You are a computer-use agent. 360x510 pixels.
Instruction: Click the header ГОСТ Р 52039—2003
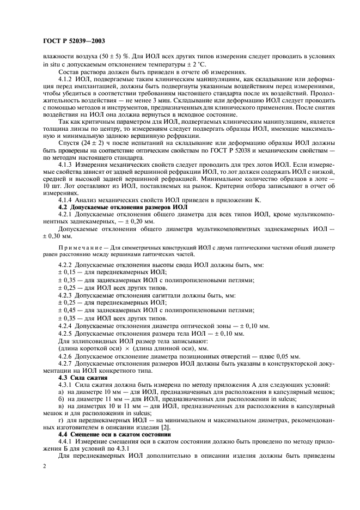(74, 41)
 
